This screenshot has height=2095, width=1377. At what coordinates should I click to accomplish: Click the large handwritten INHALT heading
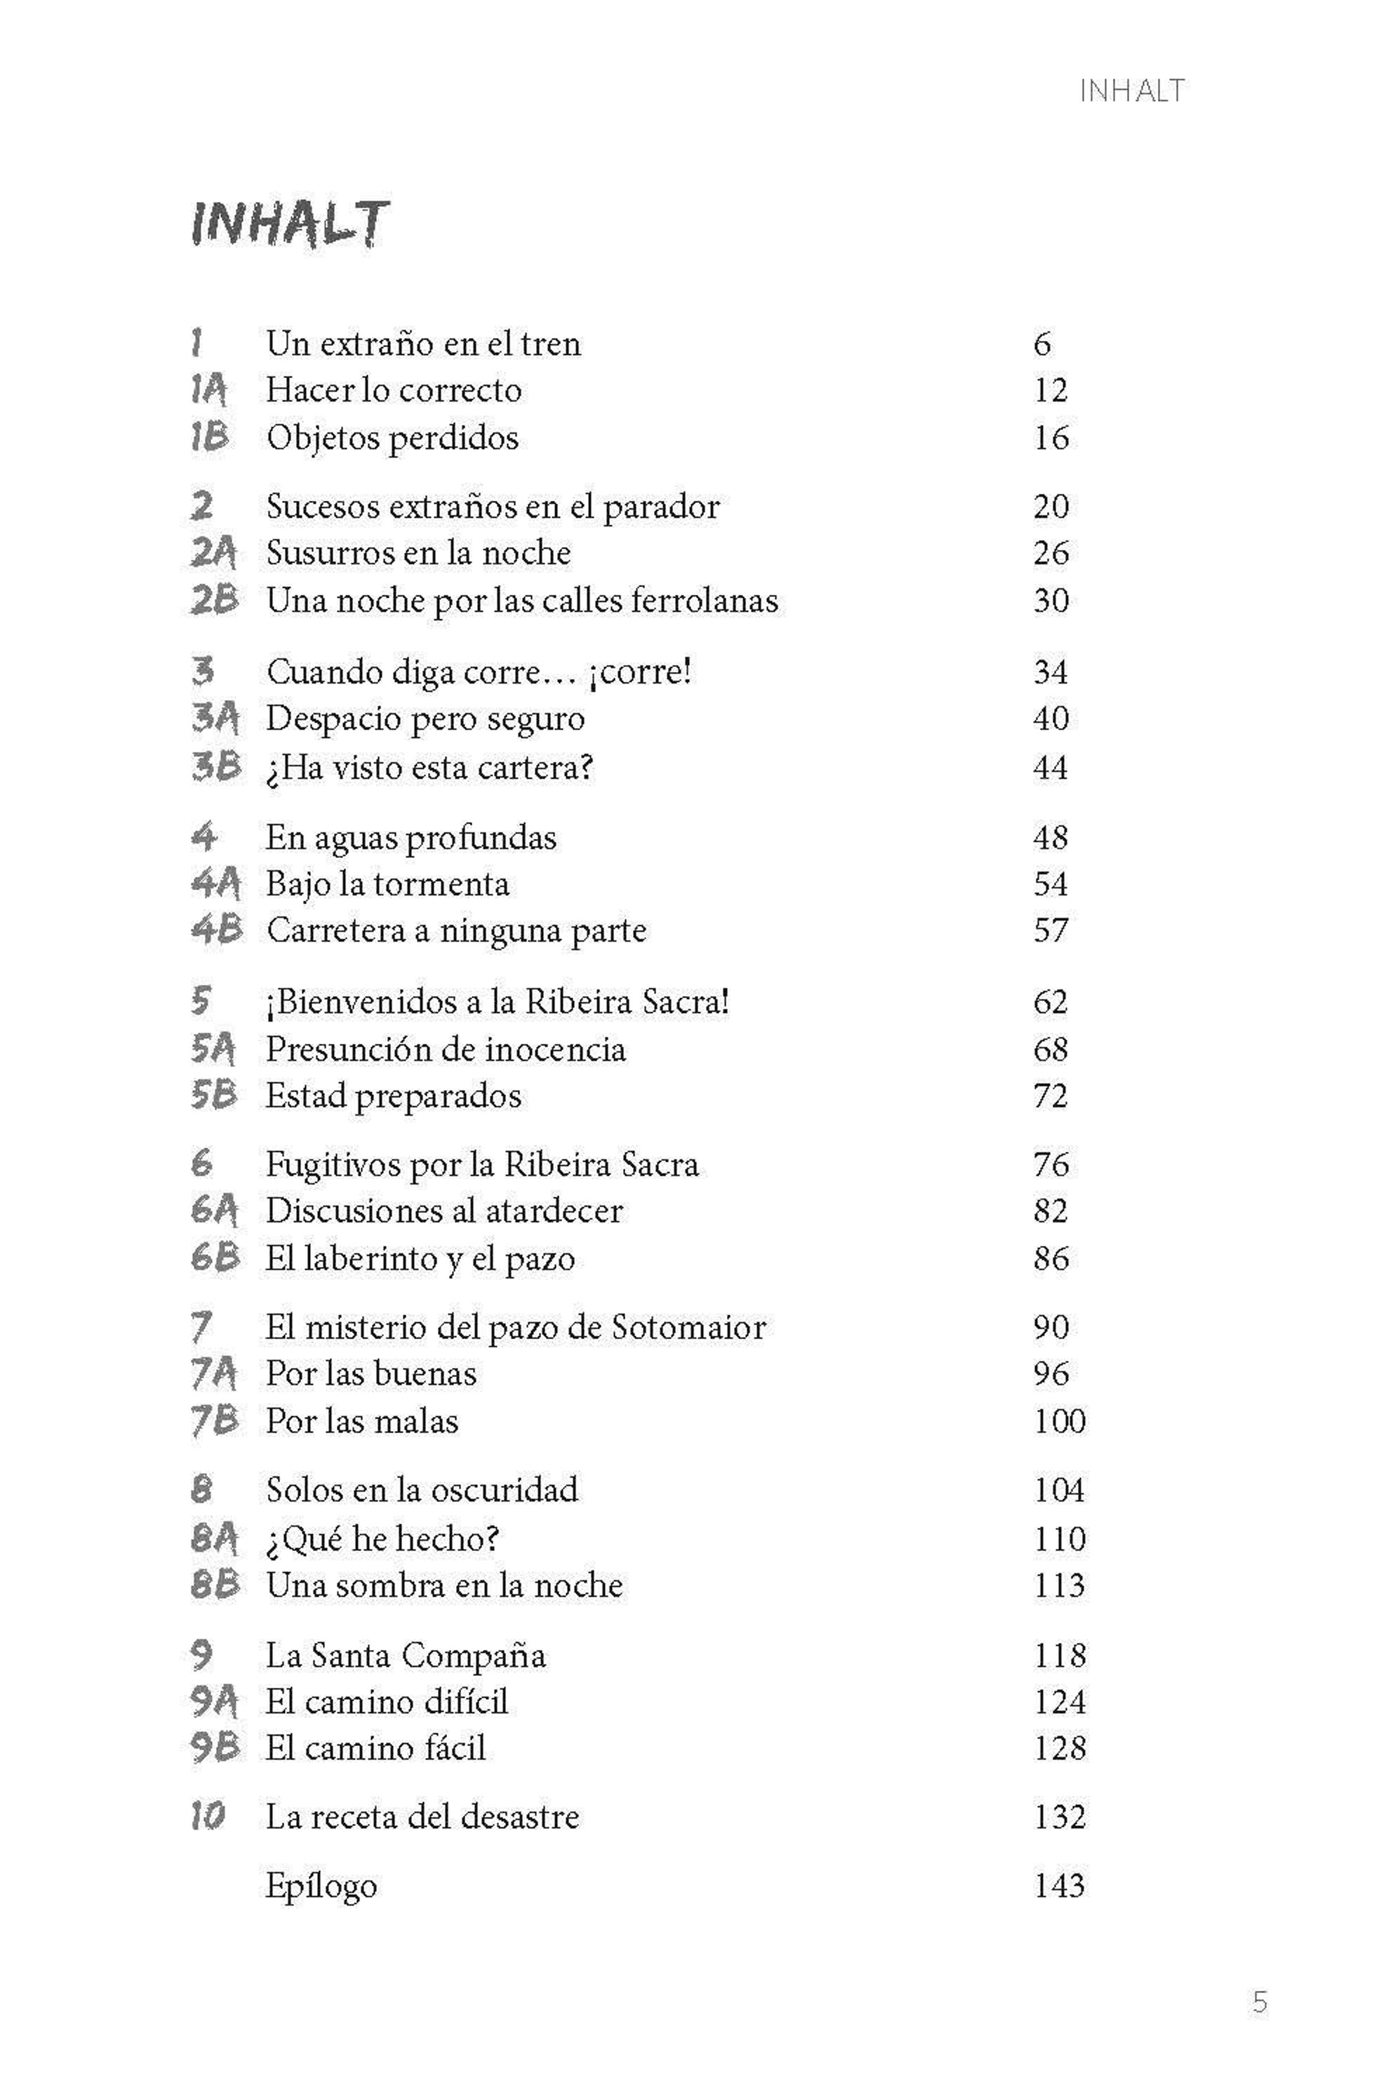tap(289, 224)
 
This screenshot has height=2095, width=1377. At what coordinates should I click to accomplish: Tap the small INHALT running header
tap(1131, 91)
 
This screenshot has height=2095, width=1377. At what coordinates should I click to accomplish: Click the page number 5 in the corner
tap(1260, 2003)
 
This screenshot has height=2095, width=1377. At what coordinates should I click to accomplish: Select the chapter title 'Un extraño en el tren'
tap(423, 344)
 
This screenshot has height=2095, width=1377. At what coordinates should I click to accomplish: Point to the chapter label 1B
tap(209, 438)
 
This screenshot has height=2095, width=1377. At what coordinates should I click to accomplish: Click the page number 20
tap(1051, 506)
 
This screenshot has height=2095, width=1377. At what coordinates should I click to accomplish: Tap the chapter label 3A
tap(215, 718)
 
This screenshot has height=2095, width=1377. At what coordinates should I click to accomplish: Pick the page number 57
tap(1051, 930)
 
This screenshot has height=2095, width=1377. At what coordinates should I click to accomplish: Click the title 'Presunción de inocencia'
tap(445, 1050)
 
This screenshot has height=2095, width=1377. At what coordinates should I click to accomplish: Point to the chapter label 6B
tap(215, 1258)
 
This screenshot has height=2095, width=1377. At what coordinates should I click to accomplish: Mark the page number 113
tap(1059, 1585)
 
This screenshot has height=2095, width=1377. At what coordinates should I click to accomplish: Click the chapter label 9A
tap(215, 1702)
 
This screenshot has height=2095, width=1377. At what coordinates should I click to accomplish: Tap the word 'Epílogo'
tap(321, 1886)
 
